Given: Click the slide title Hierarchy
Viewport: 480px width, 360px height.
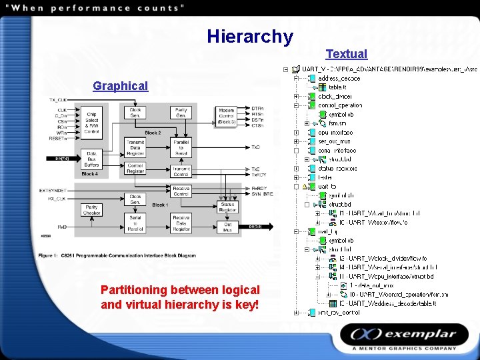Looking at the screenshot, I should [249, 36].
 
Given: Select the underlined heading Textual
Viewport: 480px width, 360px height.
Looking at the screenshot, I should [346, 54].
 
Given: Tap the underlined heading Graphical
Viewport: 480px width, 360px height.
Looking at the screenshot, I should [120, 86].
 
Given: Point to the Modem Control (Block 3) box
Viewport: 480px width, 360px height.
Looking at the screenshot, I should [226, 116].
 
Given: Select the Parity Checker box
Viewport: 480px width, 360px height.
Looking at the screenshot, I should [91, 209].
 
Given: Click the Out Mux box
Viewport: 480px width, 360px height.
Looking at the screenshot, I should [227, 227].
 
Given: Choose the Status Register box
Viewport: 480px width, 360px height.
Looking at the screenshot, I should [227, 207].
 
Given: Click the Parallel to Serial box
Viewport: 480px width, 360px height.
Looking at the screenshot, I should [181, 148].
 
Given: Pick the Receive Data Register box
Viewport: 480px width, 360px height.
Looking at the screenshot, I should [181, 223].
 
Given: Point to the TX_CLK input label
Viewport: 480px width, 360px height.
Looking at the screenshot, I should [58, 100].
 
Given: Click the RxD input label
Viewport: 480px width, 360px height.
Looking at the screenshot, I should [61, 227].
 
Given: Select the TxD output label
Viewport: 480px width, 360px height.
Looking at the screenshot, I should [256, 147].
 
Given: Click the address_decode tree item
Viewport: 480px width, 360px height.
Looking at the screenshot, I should [339, 78].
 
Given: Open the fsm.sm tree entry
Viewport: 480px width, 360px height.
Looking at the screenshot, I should [338, 123].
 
